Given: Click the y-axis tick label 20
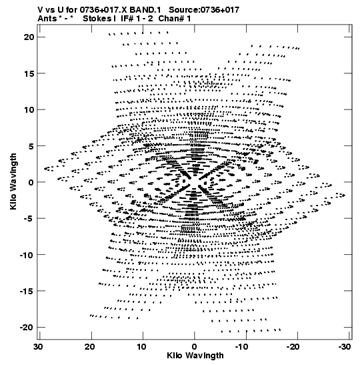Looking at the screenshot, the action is [x=29, y=37].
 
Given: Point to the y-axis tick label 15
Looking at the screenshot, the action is [x=29, y=73].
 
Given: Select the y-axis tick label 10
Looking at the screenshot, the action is [x=29, y=109].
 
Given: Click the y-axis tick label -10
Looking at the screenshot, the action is [x=27, y=255].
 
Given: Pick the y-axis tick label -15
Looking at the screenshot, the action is [x=27, y=291].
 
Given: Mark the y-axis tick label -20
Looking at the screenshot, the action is [x=27, y=328].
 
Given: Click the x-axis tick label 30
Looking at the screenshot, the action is [x=38, y=347].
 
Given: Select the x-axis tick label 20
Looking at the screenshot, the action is [x=90, y=347].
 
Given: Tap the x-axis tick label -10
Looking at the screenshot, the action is [x=243, y=347].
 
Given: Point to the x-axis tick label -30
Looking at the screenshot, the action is [x=345, y=347].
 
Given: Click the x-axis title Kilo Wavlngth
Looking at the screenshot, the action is [x=195, y=356].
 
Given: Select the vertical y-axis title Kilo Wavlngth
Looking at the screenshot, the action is [x=13, y=181].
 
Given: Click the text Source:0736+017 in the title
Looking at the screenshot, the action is [x=204, y=10].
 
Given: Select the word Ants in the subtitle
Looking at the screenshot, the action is [x=47, y=19].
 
